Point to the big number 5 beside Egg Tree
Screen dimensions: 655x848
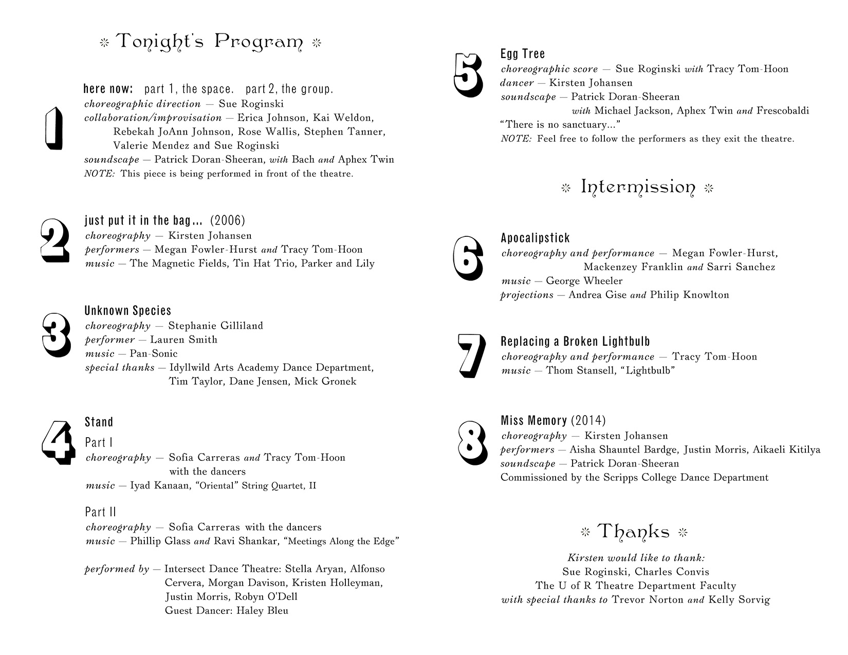[x=468, y=75]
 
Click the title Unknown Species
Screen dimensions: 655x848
[x=127, y=311]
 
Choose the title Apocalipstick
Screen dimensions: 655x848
[x=535, y=238]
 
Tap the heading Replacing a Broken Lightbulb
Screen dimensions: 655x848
[x=575, y=342]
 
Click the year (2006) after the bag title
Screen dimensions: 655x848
[x=228, y=221]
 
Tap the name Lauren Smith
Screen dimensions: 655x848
[x=183, y=340]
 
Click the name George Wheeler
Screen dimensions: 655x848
[x=584, y=281]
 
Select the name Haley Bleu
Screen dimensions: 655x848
[x=262, y=611]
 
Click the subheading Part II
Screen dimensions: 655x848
[x=100, y=512]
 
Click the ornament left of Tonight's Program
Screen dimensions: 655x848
[x=104, y=43]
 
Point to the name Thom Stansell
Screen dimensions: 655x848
[x=578, y=370]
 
